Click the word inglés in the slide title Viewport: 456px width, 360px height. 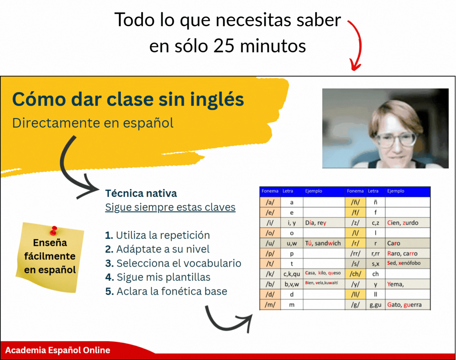point(217,100)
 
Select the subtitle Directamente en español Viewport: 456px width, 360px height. point(93,123)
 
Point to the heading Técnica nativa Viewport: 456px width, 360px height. point(141,193)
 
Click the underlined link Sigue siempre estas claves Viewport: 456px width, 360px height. point(170,207)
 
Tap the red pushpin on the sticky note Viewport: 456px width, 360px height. point(54,230)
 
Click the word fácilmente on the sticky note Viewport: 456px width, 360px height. point(50,257)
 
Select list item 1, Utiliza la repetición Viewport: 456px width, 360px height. point(158,235)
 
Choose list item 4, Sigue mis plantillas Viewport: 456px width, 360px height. point(158,277)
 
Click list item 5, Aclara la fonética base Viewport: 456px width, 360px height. point(166,291)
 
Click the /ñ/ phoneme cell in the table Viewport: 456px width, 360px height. point(355,202)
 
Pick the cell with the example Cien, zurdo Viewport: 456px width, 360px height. point(407,223)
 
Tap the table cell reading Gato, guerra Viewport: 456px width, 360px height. point(407,305)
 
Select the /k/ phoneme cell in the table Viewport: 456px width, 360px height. point(270,274)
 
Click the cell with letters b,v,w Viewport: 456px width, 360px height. point(291,284)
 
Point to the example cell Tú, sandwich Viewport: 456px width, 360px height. point(324,243)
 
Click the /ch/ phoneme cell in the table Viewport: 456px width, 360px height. point(355,274)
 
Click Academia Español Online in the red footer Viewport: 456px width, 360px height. point(58,350)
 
